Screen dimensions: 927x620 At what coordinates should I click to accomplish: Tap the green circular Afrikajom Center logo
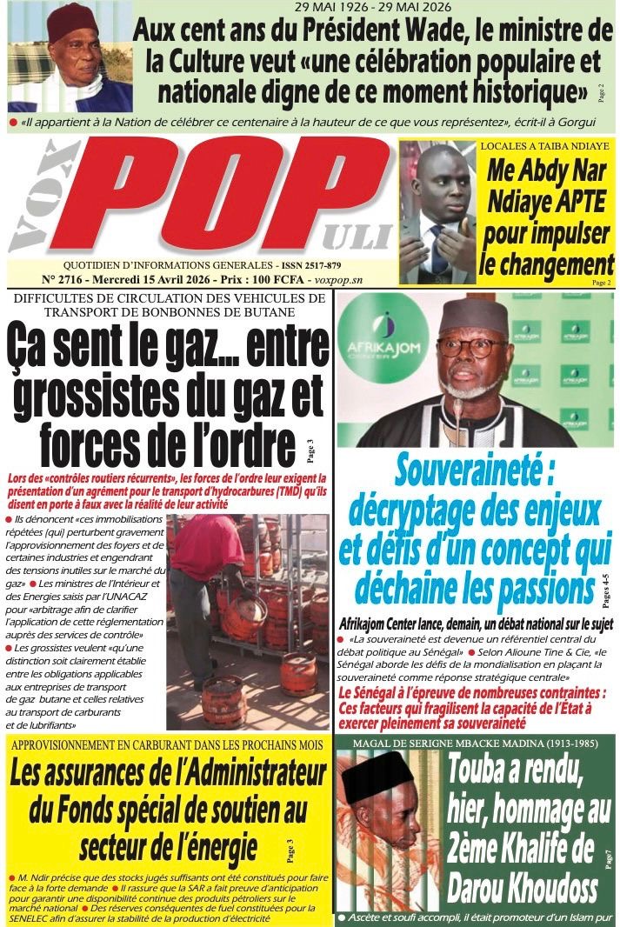[x=383, y=339]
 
